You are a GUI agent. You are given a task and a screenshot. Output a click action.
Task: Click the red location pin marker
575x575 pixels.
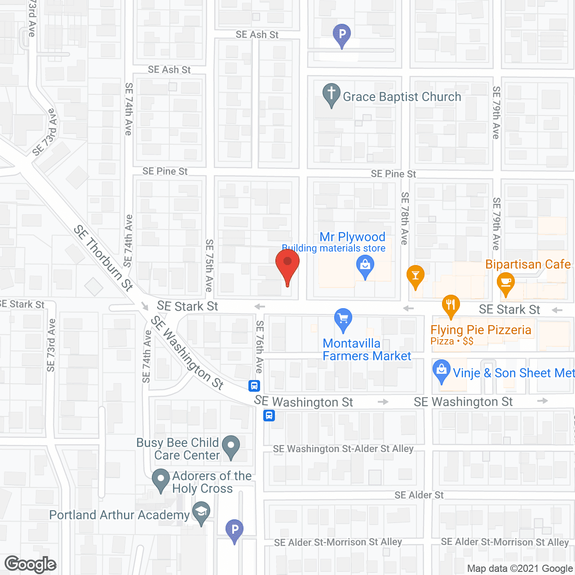(287, 265)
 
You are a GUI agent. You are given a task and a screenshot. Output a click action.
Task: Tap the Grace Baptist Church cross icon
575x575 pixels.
(332, 94)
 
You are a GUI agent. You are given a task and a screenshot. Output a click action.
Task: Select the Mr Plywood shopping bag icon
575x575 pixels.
(365, 266)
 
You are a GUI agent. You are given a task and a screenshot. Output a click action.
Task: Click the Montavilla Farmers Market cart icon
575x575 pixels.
(343, 319)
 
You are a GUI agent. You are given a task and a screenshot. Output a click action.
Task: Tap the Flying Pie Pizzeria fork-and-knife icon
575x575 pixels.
(451, 305)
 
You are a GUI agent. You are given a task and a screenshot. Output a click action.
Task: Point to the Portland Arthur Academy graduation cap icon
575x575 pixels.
(201, 513)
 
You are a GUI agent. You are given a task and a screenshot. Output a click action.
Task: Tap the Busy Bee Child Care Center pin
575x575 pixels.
(231, 447)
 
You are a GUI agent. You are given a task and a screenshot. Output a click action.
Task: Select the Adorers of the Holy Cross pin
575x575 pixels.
(160, 479)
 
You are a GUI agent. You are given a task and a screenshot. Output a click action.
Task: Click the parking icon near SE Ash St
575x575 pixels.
(342, 35)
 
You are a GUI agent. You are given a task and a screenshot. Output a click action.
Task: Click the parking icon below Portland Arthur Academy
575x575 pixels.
(234, 530)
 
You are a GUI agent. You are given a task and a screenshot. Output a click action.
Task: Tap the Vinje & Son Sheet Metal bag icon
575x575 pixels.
(441, 371)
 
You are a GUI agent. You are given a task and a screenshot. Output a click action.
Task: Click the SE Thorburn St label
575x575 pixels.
(103, 258)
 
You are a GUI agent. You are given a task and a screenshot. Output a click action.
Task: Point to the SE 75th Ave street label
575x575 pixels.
(209, 265)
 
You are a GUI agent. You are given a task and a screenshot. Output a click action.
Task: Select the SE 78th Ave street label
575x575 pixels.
(405, 218)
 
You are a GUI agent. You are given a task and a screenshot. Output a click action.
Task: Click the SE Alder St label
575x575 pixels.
(419, 495)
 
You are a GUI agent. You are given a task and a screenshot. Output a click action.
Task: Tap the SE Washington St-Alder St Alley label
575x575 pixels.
(343, 449)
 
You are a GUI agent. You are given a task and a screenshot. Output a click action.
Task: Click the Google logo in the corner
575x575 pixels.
(31, 564)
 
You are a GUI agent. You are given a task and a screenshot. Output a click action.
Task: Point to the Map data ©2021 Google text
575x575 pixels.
(520, 569)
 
